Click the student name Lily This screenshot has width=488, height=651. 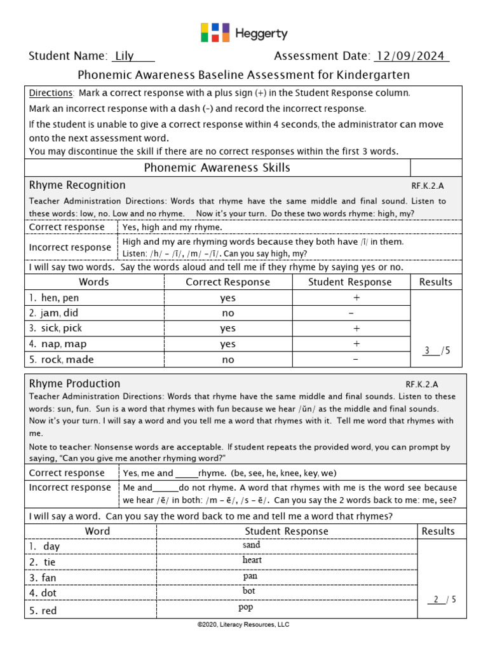click(x=124, y=56)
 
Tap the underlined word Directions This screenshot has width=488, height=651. click(x=51, y=93)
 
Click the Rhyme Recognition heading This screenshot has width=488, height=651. click(x=78, y=185)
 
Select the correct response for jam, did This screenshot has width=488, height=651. click(x=227, y=313)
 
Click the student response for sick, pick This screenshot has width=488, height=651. click(x=356, y=329)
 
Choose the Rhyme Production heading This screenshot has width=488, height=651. click(x=75, y=383)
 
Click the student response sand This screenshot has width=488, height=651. click(x=252, y=545)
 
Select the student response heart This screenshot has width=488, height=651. click(x=252, y=561)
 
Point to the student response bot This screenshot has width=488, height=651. click(x=249, y=591)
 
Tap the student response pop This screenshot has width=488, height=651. click(x=246, y=607)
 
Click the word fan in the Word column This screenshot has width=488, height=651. click(x=49, y=578)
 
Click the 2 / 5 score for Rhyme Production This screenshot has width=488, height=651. click(x=442, y=600)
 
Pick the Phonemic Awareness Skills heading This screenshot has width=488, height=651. click(x=217, y=168)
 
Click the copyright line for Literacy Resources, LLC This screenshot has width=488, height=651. click(x=243, y=625)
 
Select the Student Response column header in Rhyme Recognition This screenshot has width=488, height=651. click(x=350, y=282)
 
